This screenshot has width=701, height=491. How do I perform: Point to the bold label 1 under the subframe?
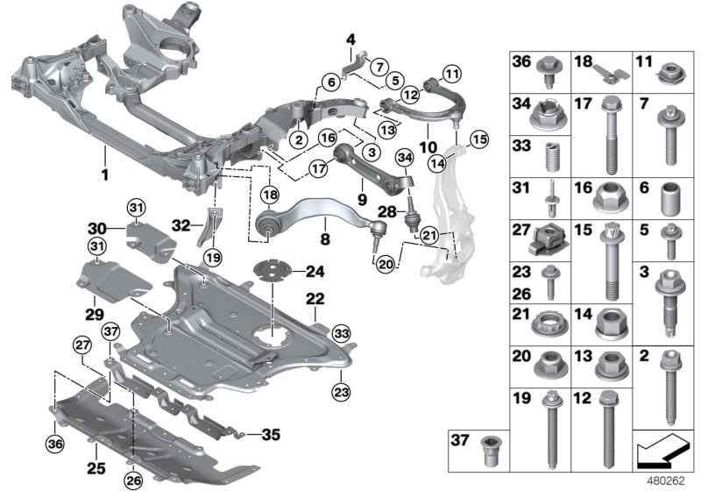click(x=104, y=174)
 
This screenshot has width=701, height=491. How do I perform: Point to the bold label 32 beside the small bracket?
click(x=180, y=224)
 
